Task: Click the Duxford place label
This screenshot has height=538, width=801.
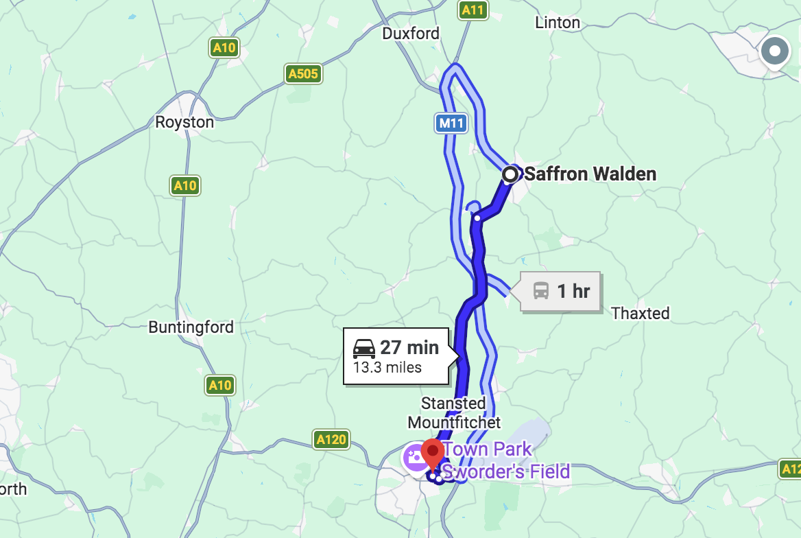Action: click(x=411, y=33)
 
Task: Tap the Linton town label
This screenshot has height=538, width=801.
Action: click(x=557, y=23)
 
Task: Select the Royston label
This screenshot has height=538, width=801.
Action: click(x=184, y=122)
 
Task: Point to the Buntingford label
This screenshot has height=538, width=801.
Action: click(x=191, y=327)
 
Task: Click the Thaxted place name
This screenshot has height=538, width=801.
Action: click(x=640, y=313)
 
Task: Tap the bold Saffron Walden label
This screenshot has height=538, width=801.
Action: click(x=590, y=174)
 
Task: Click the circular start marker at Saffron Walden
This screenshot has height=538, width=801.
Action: click(x=510, y=174)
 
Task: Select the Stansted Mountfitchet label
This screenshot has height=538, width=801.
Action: click(x=454, y=412)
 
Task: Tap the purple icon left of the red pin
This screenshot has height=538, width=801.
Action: click(x=416, y=456)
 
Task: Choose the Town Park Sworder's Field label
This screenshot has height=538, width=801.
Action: click(x=505, y=460)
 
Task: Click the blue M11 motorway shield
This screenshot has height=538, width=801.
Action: click(x=451, y=124)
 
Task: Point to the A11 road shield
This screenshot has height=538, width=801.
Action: click(x=473, y=10)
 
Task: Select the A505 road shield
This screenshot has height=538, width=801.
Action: click(x=303, y=73)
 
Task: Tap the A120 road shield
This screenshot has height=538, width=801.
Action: click(x=331, y=439)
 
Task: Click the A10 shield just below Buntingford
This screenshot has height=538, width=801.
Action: click(x=219, y=385)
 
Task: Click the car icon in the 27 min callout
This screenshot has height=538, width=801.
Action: click(x=364, y=349)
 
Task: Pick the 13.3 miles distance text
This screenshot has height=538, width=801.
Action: click(x=387, y=367)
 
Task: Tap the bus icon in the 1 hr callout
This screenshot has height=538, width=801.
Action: click(x=541, y=291)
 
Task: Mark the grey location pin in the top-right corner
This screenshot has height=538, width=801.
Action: click(x=775, y=51)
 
